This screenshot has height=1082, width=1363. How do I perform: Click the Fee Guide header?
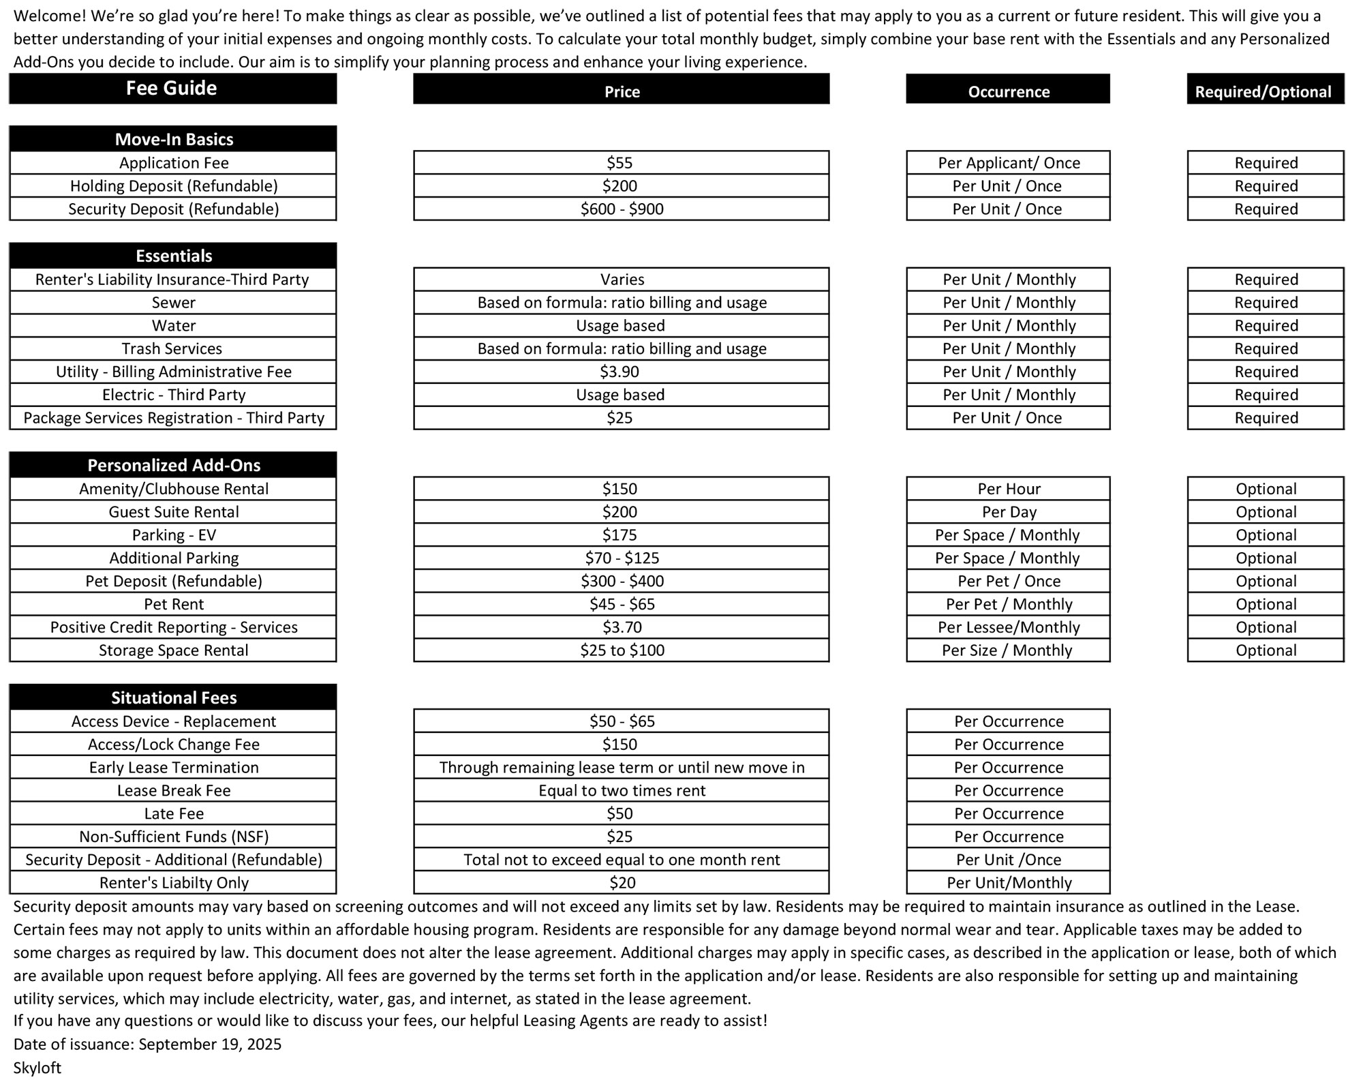pos(172,89)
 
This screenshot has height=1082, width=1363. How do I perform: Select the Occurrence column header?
pos(1008,92)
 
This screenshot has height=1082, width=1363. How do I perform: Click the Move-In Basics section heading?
pos(174,139)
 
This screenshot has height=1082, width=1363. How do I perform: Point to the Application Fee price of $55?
pos(620,163)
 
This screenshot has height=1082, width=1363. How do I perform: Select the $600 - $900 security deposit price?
pos(622,209)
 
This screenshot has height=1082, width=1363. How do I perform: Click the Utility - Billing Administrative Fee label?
pos(174,372)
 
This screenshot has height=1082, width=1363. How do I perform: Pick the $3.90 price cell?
pos(620,372)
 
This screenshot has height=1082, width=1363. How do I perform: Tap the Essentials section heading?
pos(174,256)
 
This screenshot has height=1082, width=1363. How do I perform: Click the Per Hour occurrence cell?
pos(1009,489)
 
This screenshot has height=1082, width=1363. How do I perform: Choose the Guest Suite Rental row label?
pos(174,512)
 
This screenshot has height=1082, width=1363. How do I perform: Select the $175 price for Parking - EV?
pos(620,535)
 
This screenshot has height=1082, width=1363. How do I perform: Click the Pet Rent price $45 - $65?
pos(622,604)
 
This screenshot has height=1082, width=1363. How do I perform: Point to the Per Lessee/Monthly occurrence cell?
pos(1009,627)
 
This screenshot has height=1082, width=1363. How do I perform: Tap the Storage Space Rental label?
pos(174,650)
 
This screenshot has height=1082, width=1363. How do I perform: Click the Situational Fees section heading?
pos(174,697)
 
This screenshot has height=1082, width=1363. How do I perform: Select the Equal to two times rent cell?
pos(622,791)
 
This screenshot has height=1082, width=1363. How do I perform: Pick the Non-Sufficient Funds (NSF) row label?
pos(174,837)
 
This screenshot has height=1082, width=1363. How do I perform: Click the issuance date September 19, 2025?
pos(210,1045)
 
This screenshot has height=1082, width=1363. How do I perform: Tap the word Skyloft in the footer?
pos(37,1068)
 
